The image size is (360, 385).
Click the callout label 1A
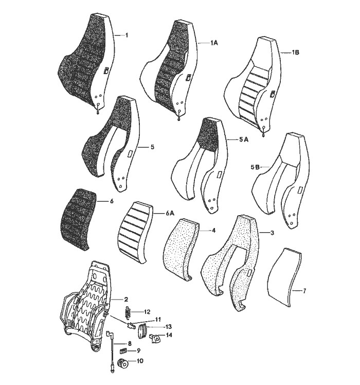(214, 43)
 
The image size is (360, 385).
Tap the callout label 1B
(296, 52)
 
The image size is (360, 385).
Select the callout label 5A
(244, 139)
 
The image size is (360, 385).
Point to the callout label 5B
(255, 167)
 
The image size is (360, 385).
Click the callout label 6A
(170, 214)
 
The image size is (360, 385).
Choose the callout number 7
(304, 291)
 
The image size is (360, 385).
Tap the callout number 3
(272, 233)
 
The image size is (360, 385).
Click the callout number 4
(213, 231)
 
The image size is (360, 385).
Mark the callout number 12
(147, 312)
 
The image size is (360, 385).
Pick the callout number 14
(169, 335)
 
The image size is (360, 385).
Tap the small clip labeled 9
(123, 351)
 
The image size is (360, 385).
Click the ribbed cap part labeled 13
(142, 331)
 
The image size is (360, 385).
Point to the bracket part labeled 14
(154, 338)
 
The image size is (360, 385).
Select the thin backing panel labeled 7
(284, 277)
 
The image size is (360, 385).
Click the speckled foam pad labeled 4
(181, 249)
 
